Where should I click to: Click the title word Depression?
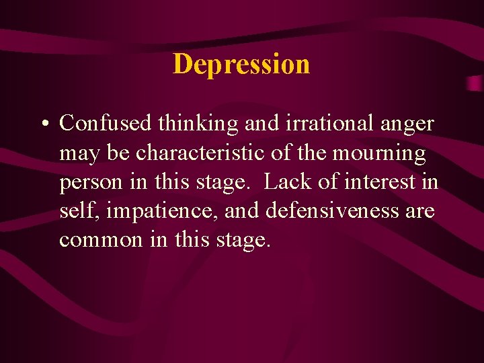pos(241,65)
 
